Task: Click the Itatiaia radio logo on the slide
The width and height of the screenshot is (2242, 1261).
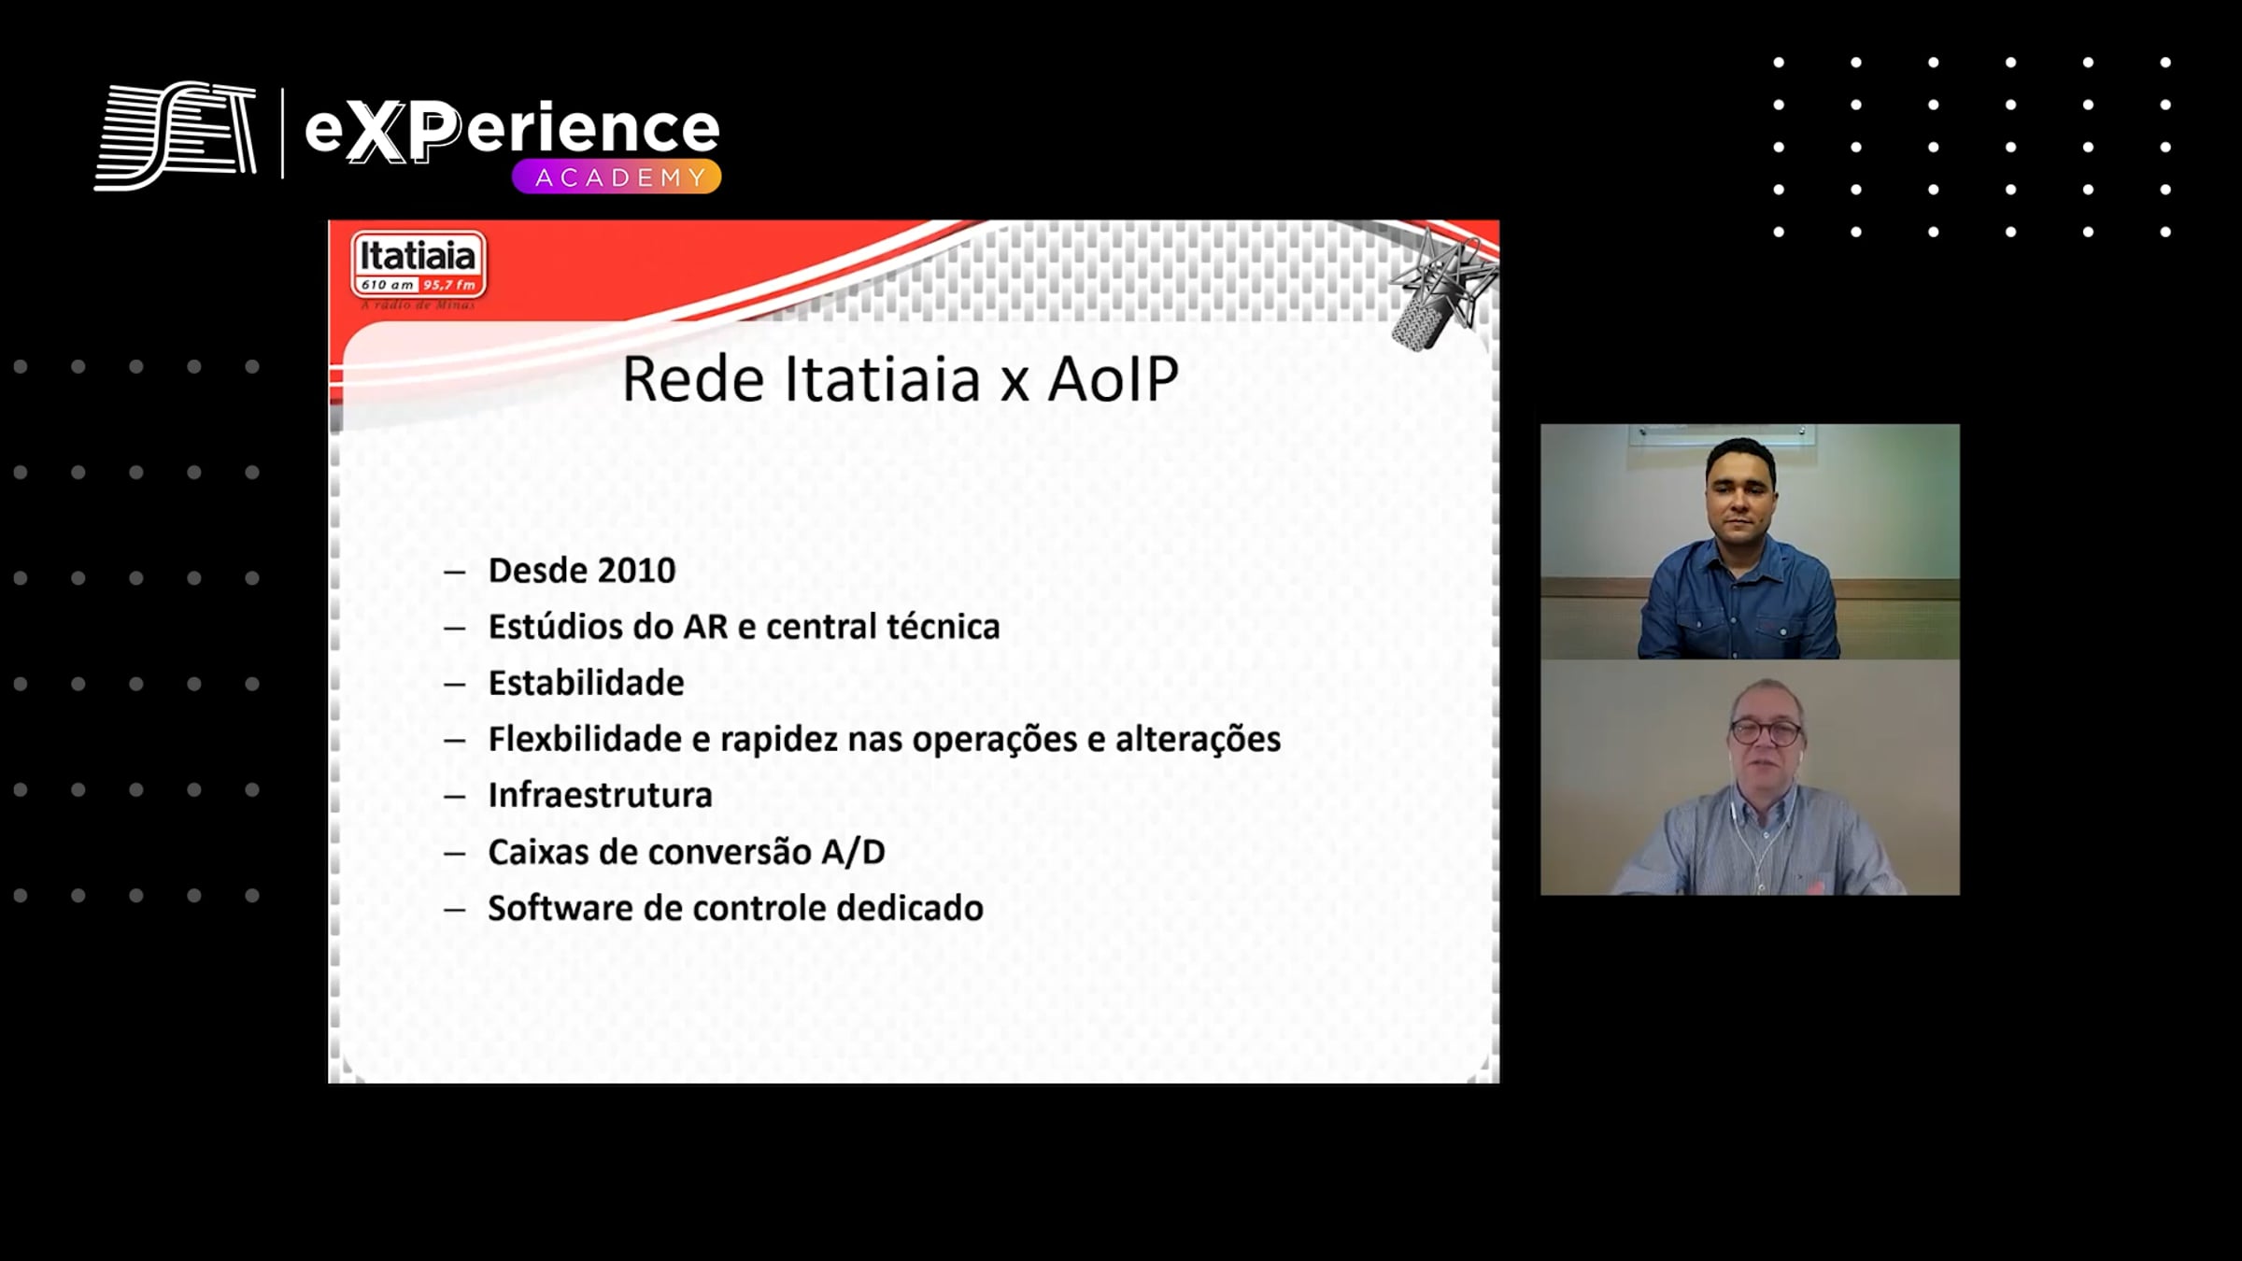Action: (419, 269)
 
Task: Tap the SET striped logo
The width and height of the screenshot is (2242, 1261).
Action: (176, 135)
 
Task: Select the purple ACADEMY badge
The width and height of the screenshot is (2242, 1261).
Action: (617, 177)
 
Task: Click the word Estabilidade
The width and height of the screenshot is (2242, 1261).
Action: (586, 682)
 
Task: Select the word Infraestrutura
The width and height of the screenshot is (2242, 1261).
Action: (600, 795)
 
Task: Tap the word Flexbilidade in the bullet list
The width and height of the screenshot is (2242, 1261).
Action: (585, 738)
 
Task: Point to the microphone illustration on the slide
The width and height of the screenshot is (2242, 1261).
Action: (1440, 290)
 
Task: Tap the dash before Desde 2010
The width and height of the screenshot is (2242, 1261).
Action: (454, 572)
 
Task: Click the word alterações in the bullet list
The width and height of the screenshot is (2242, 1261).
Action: (1198, 739)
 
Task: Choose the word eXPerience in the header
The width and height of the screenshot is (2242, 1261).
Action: (512, 130)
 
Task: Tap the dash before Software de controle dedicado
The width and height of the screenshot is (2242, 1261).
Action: (454, 909)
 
